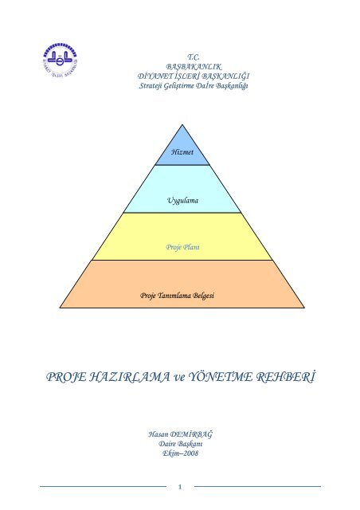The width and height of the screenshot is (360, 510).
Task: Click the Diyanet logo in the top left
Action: (61, 61)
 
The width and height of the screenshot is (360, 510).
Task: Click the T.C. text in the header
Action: (194, 57)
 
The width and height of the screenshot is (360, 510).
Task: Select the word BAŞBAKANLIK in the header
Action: (194, 67)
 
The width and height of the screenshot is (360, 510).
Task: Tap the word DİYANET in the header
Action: (155, 76)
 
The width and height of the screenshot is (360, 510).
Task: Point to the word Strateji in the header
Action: (151, 86)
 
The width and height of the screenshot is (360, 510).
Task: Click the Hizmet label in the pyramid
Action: (182, 152)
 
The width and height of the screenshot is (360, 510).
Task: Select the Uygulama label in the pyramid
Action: (182, 200)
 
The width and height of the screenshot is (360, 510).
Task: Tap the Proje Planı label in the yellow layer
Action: (182, 247)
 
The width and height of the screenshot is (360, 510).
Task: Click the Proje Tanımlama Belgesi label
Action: (178, 296)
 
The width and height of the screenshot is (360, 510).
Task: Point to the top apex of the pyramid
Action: (182, 124)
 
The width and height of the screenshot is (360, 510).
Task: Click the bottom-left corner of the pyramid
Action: (61, 308)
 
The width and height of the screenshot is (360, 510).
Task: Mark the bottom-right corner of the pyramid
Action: (304, 308)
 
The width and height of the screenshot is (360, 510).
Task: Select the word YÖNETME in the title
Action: (221, 377)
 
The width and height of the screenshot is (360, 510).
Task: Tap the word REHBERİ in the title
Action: (286, 377)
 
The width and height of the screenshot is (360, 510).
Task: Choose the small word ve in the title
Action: (179, 378)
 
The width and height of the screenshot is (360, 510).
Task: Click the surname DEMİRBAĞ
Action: (191, 434)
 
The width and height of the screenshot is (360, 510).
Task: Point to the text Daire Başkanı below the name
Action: (181, 444)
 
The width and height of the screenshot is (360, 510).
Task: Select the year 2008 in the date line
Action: (190, 453)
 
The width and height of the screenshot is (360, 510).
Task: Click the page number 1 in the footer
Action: (180, 487)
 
